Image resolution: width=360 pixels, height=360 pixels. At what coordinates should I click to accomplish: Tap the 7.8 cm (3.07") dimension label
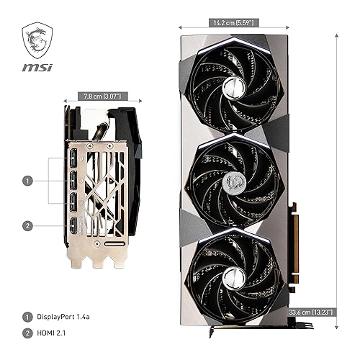click(102, 95)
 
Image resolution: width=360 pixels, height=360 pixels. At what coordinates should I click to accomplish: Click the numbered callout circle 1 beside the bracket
click(27, 181)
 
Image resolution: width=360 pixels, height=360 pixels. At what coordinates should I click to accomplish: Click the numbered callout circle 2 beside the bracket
click(27, 226)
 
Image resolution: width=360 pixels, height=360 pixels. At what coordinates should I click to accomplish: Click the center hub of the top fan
click(233, 86)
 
